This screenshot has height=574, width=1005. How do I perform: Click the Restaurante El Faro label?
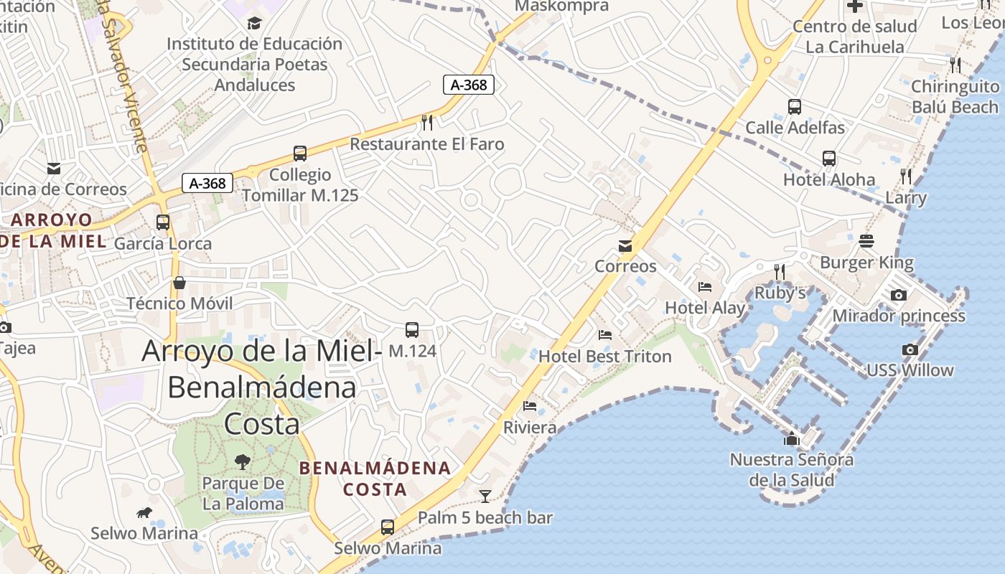(x=426, y=144)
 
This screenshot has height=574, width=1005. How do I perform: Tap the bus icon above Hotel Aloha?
(x=829, y=159)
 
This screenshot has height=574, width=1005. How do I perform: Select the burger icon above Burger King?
(x=866, y=241)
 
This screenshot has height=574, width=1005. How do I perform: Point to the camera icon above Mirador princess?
(x=898, y=295)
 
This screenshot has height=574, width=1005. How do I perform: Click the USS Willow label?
(x=910, y=370)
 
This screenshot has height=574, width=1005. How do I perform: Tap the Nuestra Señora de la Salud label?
(x=792, y=469)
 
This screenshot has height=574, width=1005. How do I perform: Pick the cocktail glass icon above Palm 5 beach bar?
(x=485, y=496)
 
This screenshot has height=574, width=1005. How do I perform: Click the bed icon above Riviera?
(x=530, y=406)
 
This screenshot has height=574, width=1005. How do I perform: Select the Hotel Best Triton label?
(x=604, y=356)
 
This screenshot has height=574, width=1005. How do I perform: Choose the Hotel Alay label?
(x=704, y=308)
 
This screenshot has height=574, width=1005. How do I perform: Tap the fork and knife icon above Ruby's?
(x=780, y=271)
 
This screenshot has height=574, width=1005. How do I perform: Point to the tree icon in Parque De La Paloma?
(x=243, y=461)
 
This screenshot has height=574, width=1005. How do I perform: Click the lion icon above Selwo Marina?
(x=144, y=512)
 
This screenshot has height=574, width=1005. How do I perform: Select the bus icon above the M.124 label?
(x=412, y=330)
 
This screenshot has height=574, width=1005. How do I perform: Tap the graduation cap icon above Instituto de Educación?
(x=254, y=24)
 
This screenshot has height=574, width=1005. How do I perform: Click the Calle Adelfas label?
(x=795, y=128)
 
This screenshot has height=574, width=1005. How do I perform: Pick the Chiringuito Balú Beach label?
(x=954, y=97)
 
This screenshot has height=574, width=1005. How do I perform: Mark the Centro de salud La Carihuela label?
(x=854, y=37)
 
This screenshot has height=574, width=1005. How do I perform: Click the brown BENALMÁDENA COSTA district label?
(x=375, y=479)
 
